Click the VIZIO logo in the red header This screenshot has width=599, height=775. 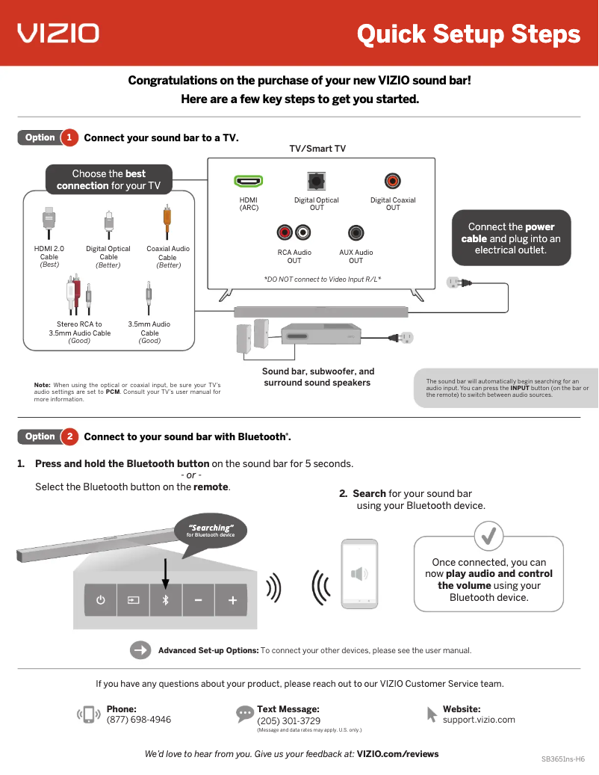[58, 33]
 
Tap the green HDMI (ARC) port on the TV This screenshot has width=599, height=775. [248, 181]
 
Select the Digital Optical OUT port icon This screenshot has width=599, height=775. [316, 181]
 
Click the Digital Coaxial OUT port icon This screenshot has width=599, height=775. [393, 181]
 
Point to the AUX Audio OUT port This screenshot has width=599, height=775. [356, 233]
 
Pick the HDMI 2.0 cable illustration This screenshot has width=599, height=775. [49, 221]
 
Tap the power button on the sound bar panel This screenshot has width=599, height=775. [100, 600]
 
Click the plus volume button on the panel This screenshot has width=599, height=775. [233, 600]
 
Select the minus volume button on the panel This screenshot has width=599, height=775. [199, 600]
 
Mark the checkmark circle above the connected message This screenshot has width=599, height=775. [489, 535]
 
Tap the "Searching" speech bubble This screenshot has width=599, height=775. [211, 531]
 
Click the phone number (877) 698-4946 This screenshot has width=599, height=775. [139, 720]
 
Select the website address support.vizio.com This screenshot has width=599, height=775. [479, 720]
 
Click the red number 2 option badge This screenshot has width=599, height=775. [69, 436]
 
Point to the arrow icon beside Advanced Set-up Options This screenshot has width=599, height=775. [140, 650]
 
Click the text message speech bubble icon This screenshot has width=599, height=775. [245, 714]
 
